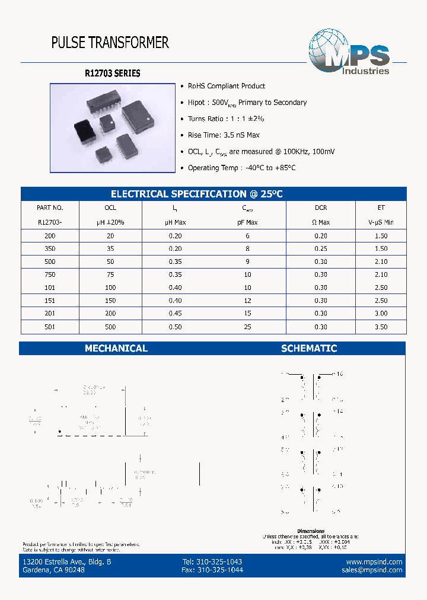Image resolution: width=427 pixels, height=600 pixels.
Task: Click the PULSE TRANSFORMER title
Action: tap(110, 43)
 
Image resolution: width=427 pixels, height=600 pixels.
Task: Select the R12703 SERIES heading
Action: tap(113, 74)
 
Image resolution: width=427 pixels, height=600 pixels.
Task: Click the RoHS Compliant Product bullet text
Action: tap(227, 86)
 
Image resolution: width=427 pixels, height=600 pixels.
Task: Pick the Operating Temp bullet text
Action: tap(241, 168)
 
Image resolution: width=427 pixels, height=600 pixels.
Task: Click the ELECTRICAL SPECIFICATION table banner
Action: tap(197, 194)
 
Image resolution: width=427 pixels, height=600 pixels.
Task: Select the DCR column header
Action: tap(321, 208)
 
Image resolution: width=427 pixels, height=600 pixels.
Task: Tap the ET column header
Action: tap(381, 208)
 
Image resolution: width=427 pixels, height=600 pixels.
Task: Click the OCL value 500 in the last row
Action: tap(110, 327)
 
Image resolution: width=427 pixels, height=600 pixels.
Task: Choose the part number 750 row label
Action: tap(50, 275)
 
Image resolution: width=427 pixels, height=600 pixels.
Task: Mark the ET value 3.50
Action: tap(381, 327)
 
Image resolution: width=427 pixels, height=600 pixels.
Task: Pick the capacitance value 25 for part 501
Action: tap(247, 327)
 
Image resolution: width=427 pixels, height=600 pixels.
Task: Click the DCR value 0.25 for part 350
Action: tap(321, 248)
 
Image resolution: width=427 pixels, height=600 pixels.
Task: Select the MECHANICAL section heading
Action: tap(116, 349)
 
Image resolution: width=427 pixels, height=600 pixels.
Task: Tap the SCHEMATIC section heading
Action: tap(309, 349)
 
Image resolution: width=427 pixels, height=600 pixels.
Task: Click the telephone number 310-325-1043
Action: tap(212, 561)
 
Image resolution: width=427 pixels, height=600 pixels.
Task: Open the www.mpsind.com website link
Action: tap(374, 561)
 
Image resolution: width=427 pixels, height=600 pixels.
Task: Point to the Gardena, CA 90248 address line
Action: tap(53, 570)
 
